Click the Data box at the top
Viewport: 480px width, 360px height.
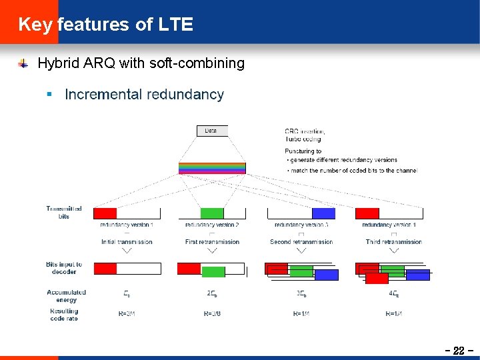(211, 131)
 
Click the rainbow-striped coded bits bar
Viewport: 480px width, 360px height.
(211, 168)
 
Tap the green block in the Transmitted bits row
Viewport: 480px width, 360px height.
(212, 213)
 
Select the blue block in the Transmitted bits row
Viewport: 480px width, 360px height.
(323, 213)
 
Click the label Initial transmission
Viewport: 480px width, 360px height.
(127, 242)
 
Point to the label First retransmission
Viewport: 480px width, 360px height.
(212, 242)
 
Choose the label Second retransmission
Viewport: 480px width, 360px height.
(301, 242)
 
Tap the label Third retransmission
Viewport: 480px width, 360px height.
(393, 242)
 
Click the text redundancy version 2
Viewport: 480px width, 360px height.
(212, 225)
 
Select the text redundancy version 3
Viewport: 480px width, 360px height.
(301, 225)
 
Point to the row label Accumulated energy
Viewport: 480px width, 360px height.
(66, 296)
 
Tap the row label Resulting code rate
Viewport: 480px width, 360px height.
(64, 315)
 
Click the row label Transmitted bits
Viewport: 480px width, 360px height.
(64, 212)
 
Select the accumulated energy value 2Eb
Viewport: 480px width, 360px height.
(212, 293)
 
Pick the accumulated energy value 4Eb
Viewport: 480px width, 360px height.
(393, 293)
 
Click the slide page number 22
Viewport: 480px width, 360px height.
(458, 351)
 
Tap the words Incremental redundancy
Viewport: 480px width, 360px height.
(144, 95)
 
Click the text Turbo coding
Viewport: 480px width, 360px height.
(303, 139)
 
